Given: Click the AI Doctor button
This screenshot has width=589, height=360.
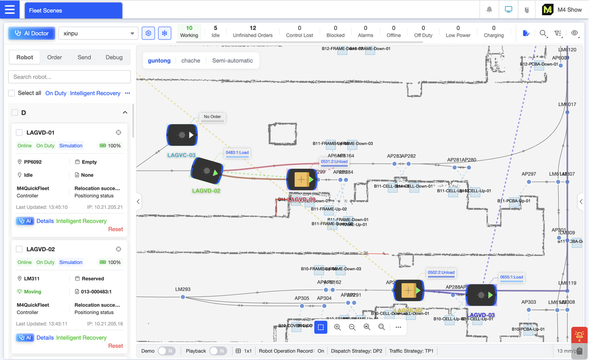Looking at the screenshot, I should tap(32, 33).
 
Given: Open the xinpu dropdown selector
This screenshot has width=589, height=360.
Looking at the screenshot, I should tap(98, 33).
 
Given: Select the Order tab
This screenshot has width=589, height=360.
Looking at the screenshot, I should tap(54, 57).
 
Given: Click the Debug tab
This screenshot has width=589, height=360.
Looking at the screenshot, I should tap(114, 57).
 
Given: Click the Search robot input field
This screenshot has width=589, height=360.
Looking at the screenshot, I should tap(70, 77).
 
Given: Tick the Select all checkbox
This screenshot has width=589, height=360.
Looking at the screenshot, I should tap(12, 93).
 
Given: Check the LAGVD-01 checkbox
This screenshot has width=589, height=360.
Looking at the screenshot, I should tap(19, 132).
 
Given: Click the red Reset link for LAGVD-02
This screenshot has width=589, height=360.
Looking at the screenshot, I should tap(115, 346).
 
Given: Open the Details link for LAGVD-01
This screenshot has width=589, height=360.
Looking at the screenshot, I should tap(45, 221).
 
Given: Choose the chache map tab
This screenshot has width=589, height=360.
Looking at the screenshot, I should tap(191, 61).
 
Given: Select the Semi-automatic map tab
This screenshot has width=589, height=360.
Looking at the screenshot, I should tap(232, 61).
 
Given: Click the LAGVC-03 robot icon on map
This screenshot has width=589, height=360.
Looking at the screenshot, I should tap(182, 135).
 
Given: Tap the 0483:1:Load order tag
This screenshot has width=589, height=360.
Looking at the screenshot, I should tap(237, 153).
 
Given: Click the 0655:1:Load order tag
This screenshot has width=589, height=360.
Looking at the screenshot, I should tap(511, 277).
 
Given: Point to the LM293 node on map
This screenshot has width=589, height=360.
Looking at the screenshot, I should tap(183, 297).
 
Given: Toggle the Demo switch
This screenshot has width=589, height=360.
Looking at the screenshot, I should tap(167, 351).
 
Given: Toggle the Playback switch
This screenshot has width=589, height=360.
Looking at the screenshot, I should tap(218, 351).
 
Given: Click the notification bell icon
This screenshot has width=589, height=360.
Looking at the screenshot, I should tap(489, 10).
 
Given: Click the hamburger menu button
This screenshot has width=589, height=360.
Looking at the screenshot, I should tap(10, 10).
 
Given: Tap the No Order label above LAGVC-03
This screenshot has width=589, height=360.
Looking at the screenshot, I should tap(212, 117).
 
